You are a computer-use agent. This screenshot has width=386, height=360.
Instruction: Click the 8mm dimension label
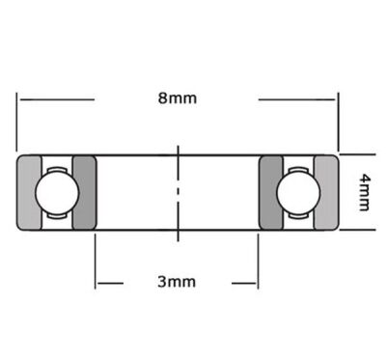click(177, 98)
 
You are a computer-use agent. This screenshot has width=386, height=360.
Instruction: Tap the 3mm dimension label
click(177, 282)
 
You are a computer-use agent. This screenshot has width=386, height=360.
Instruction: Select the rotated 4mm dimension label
click(365, 192)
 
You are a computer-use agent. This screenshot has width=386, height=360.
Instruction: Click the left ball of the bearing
click(57, 192)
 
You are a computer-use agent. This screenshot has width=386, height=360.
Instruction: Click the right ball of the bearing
click(298, 192)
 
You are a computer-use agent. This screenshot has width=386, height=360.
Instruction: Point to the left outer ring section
click(29, 192)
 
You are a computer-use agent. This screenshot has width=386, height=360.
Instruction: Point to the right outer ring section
click(326, 192)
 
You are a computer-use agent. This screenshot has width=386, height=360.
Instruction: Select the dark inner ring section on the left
click(85, 192)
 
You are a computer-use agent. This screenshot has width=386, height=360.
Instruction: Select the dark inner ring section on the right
click(271, 192)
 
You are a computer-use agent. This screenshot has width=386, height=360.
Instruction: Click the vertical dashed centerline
click(178, 193)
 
